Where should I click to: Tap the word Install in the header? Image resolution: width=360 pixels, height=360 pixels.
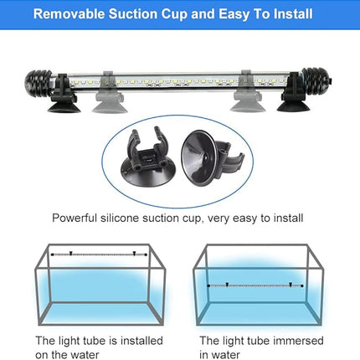point(290,15)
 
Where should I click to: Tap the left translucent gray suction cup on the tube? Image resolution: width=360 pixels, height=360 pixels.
point(111,86)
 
